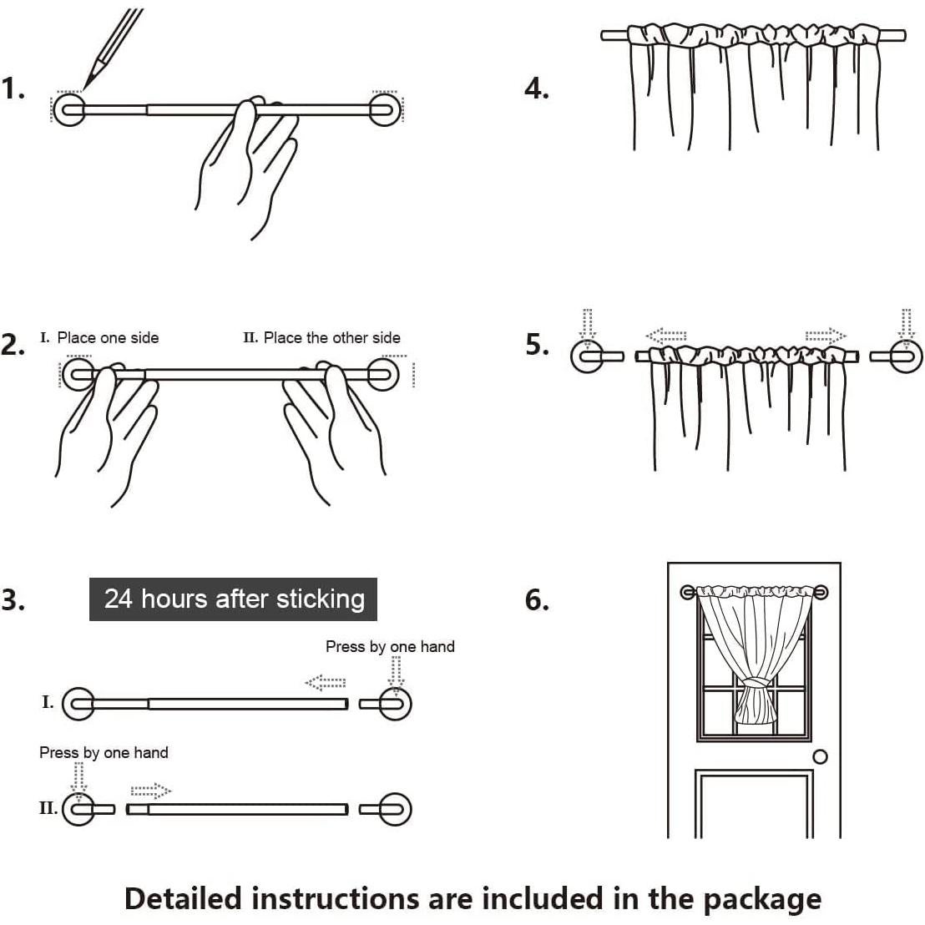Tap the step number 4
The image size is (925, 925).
click(537, 88)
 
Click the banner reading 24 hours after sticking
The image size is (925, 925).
click(234, 599)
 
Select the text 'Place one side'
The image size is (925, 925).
click(108, 338)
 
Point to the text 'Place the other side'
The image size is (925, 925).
click(331, 338)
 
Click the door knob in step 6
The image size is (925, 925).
click(820, 756)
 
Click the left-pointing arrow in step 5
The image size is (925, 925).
click(665, 336)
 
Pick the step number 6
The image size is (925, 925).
click(537, 599)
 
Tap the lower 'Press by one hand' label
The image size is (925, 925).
click(104, 753)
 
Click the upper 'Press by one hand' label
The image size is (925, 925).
click(390, 646)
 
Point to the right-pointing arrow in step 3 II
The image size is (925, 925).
click(150, 790)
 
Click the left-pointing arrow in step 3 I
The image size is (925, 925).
click(326, 684)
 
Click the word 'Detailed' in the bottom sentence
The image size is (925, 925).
click(183, 898)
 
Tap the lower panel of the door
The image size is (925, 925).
click(754, 806)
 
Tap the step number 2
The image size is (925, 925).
click(13, 345)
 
